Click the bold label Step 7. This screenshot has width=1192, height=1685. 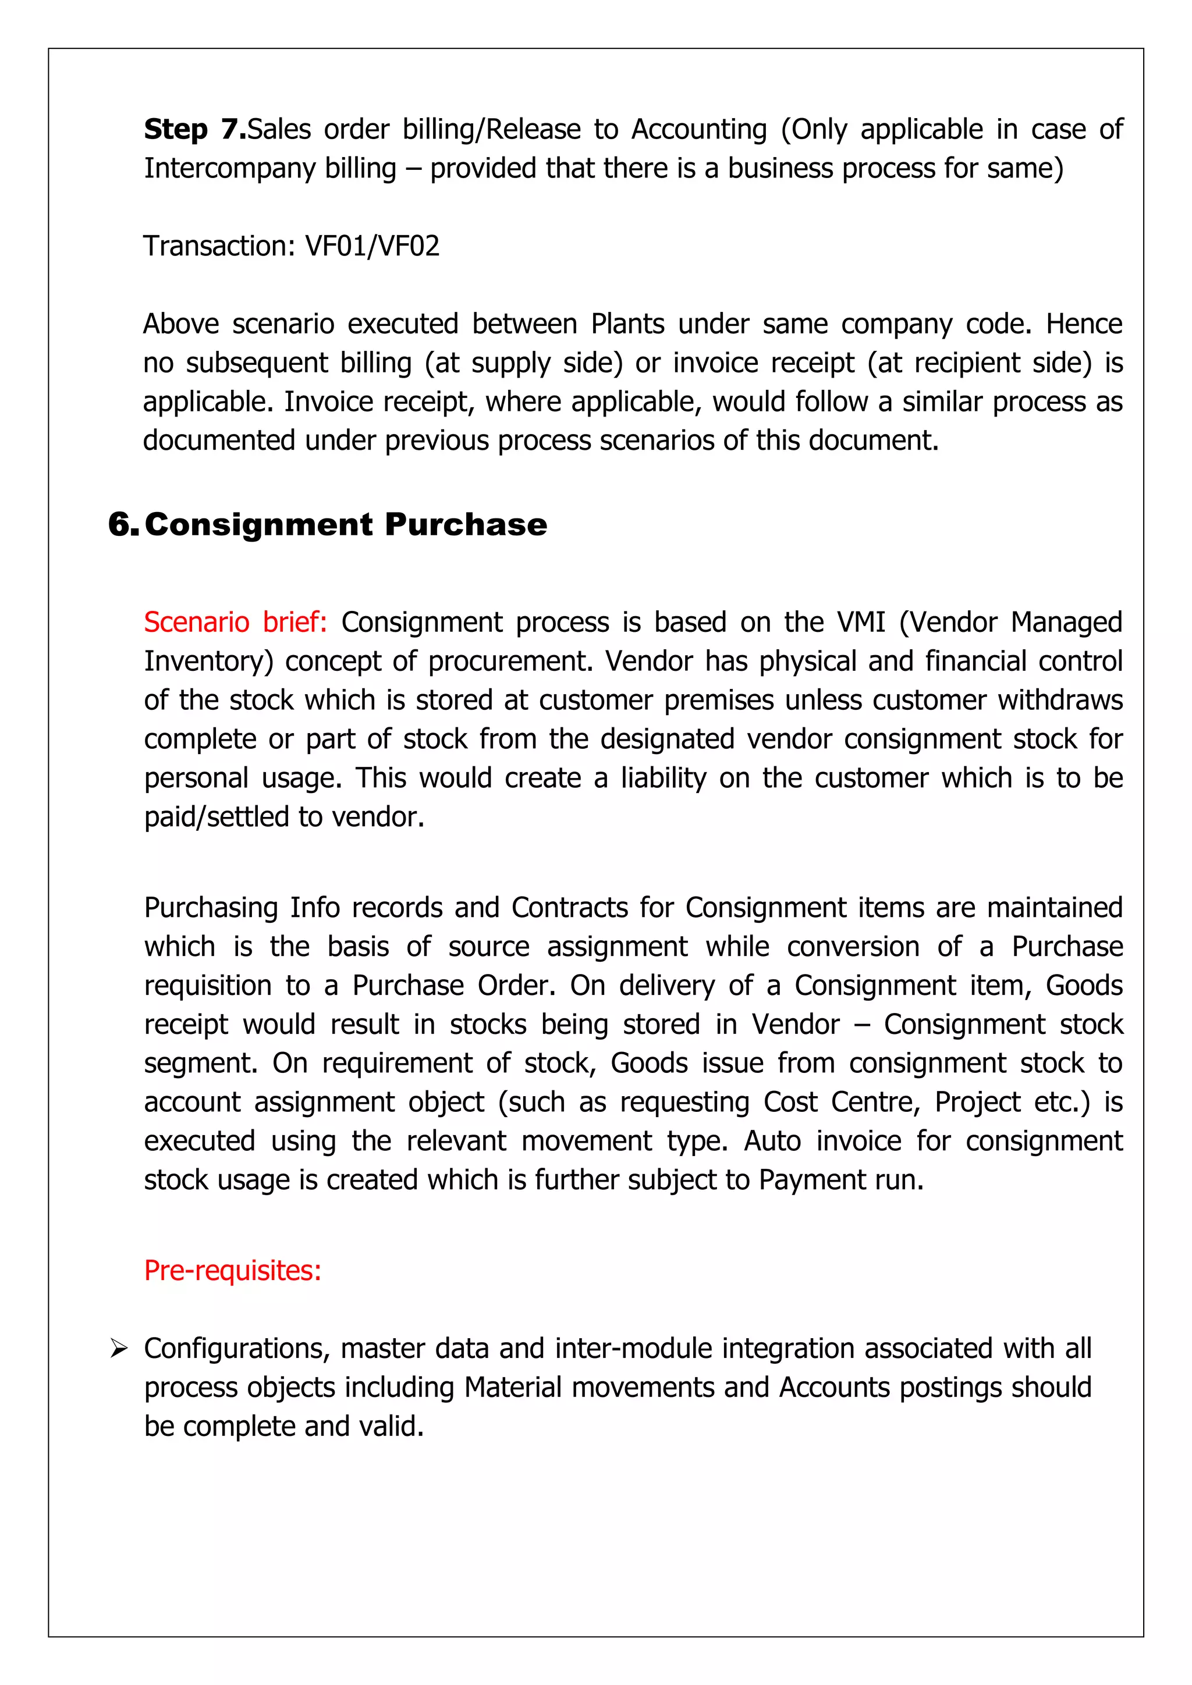[x=194, y=129]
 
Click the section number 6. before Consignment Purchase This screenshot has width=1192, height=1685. [x=123, y=525]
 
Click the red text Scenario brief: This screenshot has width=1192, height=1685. [x=235, y=623]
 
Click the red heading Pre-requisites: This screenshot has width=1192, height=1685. [x=233, y=1270]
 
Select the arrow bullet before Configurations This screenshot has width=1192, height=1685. [x=118, y=1348]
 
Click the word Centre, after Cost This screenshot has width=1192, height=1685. [x=875, y=1103]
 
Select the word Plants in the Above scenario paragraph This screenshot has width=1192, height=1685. [x=627, y=324]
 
